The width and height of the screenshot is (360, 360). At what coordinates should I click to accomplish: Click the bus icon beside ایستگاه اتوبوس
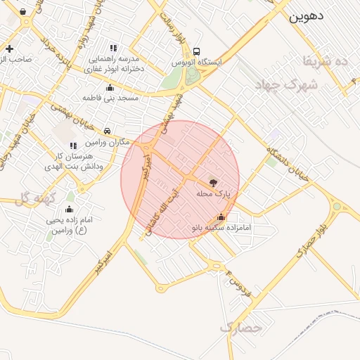tap(196, 51)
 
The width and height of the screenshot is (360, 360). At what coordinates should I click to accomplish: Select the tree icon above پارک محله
tap(214, 181)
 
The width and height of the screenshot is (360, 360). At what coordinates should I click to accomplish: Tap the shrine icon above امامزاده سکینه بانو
tap(221, 217)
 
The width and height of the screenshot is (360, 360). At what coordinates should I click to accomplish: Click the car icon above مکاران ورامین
tap(106, 131)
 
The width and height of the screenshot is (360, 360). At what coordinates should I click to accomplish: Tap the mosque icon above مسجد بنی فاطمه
tap(110, 87)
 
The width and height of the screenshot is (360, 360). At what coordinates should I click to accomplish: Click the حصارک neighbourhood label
tap(240, 328)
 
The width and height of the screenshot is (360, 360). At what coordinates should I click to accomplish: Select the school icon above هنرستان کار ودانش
tap(73, 146)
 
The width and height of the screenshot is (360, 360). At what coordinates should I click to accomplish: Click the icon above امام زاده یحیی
tap(69, 210)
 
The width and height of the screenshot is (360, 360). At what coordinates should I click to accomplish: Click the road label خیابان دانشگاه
tap(288, 165)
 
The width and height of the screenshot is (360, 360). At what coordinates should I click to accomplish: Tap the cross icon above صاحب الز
tap(9, 49)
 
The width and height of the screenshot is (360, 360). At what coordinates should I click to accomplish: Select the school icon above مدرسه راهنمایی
tap(114, 47)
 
